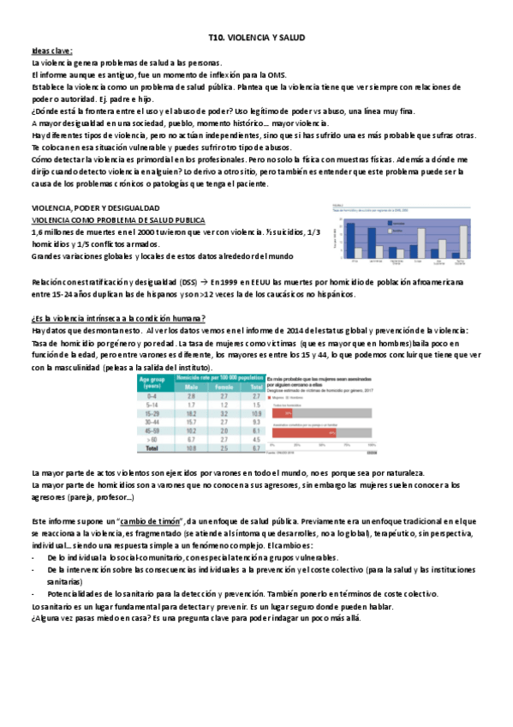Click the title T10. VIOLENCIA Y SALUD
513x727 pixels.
coord(257,39)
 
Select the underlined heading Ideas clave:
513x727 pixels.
coord(51,51)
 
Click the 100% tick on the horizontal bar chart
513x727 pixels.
coord(371,446)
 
